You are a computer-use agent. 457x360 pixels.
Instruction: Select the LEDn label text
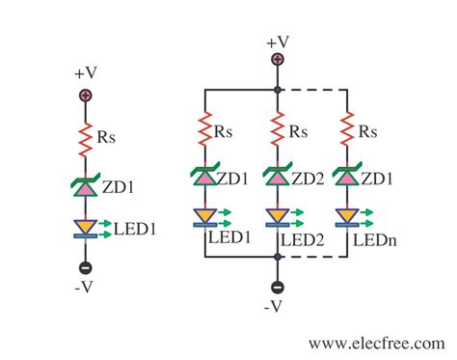(373, 235)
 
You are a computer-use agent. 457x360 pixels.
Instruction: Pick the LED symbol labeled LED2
(277, 217)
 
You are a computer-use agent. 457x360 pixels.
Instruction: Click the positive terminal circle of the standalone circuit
(85, 96)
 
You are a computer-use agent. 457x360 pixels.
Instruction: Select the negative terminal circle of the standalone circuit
(85, 267)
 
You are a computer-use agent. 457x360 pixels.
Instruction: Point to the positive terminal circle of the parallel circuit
(278, 60)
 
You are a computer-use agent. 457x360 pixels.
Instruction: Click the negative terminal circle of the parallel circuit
(278, 287)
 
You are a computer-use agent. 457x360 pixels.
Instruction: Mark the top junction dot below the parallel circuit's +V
(278, 90)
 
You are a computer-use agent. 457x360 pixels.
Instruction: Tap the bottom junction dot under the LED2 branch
(278, 258)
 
